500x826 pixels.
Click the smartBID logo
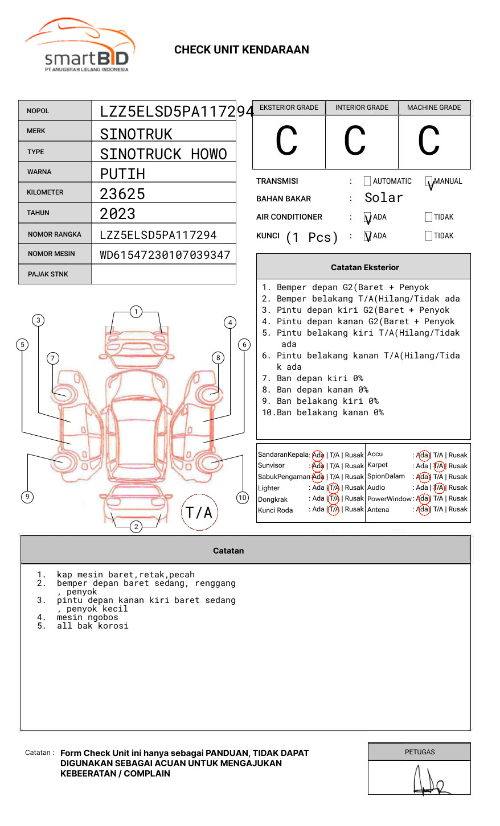coord(80,46)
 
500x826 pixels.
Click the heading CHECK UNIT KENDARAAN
coord(241,50)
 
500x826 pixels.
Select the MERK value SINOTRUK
coord(136,134)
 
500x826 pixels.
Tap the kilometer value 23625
coord(122,194)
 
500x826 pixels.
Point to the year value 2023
coord(118,214)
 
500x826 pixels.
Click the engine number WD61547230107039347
coord(165,255)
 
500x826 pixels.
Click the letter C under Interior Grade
coord(355,141)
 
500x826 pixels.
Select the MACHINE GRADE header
coord(434,108)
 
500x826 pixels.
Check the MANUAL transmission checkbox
coord(429,182)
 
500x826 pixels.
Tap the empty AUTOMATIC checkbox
coord(367,181)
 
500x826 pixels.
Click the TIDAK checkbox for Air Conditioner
coord(429,217)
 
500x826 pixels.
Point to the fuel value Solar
coord(383,198)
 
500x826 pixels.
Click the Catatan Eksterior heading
coord(364,267)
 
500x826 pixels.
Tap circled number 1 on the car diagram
coord(136,312)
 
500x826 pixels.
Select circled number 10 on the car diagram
coord(243,498)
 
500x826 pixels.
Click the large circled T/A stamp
coord(199,512)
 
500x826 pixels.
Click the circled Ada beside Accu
coord(423,455)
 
